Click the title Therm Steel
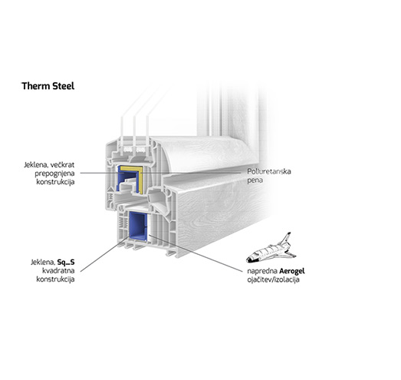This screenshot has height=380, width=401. point(48,86)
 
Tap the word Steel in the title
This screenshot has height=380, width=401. point(64,86)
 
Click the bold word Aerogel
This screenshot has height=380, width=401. point(292,272)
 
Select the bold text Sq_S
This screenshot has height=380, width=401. point(66,263)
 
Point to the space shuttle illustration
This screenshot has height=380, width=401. point(271,249)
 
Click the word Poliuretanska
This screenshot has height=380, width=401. point(269,171)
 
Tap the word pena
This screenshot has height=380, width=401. point(255,180)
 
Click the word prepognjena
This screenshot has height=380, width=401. point(54,173)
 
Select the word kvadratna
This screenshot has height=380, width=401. point(58,271)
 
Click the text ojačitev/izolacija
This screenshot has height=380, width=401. point(273,279)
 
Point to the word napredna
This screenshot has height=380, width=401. point(262,272)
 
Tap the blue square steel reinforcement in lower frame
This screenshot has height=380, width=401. point(138,225)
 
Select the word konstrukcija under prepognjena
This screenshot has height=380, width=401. point(55,182)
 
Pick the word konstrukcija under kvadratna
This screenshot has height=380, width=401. point(55,279)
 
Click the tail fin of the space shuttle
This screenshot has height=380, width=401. point(286,237)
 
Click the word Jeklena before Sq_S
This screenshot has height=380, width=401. point(43,263)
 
